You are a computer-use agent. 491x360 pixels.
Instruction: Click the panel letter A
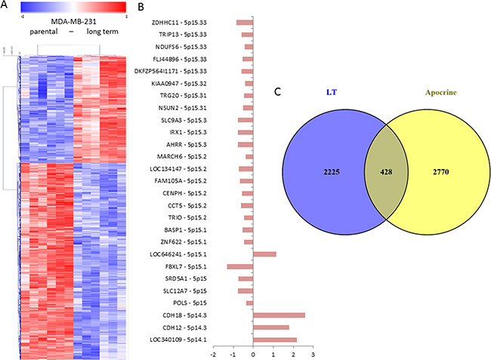5,7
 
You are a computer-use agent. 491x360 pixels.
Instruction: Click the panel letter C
278,94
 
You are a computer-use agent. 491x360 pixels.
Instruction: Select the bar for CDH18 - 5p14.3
279,315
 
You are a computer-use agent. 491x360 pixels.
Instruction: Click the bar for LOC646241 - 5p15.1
264,254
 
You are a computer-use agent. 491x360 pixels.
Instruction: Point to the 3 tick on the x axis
312,354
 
